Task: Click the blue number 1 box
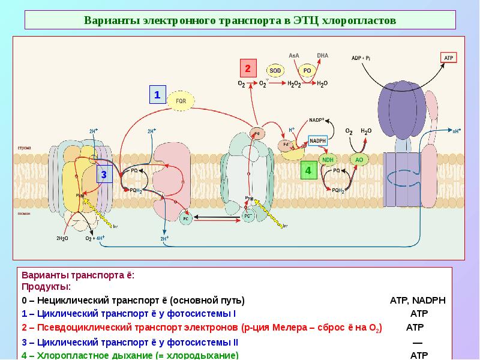(157, 95)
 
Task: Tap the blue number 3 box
(104, 175)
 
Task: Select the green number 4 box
(308, 170)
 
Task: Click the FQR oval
(181, 101)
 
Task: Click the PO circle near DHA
(307, 71)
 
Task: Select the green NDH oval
(328, 160)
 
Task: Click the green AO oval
(359, 160)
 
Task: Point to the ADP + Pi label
(362, 58)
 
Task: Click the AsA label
(294, 55)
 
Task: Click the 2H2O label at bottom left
(63, 238)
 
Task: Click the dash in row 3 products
(418, 342)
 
